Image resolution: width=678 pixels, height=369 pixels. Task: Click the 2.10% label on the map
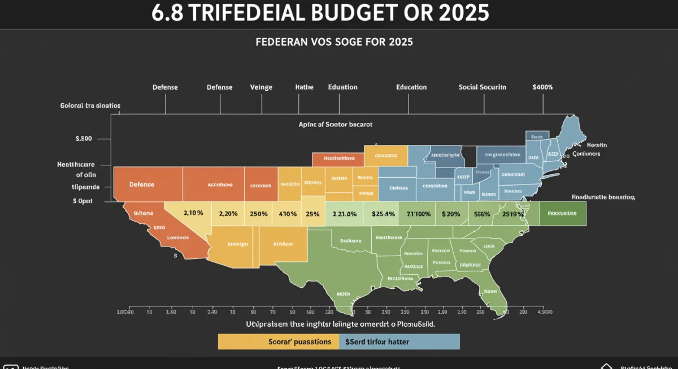pyautogui.click(x=193, y=214)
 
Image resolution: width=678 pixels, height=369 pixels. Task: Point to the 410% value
pyautogui.click(x=288, y=214)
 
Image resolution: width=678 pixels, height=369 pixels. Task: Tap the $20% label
pyautogui.click(x=451, y=214)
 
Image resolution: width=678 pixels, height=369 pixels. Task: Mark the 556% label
pyautogui.click(x=482, y=214)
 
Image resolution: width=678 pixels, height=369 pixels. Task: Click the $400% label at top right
pyautogui.click(x=542, y=87)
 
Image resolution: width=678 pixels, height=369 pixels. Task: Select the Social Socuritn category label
pyautogui.click(x=482, y=87)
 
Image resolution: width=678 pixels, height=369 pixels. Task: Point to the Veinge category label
pyautogui.click(x=261, y=87)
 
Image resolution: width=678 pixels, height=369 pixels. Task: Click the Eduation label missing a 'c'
pyautogui.click(x=342, y=87)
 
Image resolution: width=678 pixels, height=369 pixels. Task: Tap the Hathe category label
pyautogui.click(x=303, y=87)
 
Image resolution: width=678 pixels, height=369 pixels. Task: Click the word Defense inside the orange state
pyautogui.click(x=141, y=184)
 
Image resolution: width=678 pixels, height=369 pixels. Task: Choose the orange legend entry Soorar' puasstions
pyautogui.click(x=278, y=341)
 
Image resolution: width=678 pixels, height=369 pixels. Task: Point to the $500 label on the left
pyautogui.click(x=84, y=138)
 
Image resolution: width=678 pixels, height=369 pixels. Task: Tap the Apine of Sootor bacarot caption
pyautogui.click(x=335, y=124)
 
